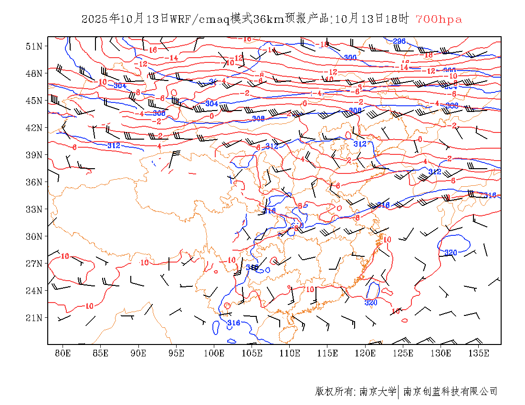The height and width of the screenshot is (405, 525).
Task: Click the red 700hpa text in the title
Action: [x=438, y=20]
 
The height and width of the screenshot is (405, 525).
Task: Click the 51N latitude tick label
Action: [x=34, y=46]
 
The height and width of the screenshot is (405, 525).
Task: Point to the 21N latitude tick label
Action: [x=34, y=318]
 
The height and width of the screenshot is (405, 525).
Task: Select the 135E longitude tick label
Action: [x=479, y=353]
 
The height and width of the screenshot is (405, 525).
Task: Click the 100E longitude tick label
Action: [x=214, y=353]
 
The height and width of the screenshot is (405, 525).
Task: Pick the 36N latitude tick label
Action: [x=34, y=182]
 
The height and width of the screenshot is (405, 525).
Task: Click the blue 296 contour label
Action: [x=399, y=41]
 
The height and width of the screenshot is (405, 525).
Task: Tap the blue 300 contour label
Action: [x=350, y=58]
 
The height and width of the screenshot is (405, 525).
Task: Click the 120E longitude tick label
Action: [x=365, y=353]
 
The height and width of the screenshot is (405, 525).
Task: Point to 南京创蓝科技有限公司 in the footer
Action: [x=451, y=392]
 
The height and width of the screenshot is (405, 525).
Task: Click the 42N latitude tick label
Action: [x=34, y=128]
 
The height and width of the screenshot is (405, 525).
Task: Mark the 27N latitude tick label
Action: [x=34, y=263]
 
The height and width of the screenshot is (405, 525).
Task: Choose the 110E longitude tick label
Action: [x=290, y=353]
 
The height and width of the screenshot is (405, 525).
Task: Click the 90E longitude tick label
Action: [x=138, y=353]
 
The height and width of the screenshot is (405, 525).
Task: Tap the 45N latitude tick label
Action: [x=34, y=101]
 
